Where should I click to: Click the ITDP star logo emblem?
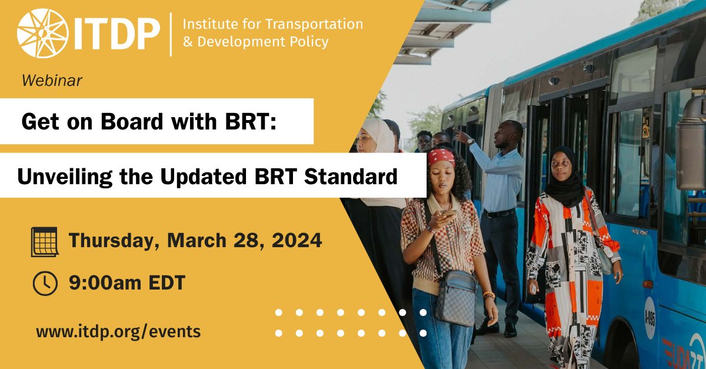[x=42, y=33]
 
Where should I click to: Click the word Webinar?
[x=52, y=81]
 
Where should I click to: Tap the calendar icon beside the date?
[x=45, y=241]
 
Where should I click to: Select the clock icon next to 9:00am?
[x=45, y=284]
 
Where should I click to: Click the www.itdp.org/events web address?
[x=118, y=331]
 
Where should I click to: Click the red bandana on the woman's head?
[x=441, y=157]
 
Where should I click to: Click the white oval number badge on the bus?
[x=650, y=317]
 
